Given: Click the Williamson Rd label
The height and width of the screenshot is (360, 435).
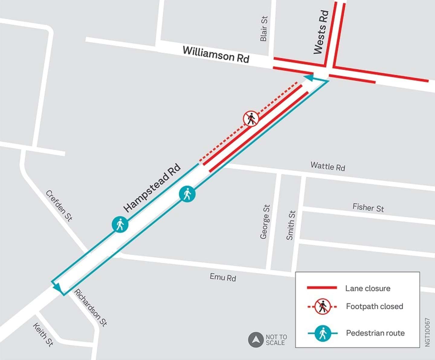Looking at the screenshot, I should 216,54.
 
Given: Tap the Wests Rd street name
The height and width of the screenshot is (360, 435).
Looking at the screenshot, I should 321,32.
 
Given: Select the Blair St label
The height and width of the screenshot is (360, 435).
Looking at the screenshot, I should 264,29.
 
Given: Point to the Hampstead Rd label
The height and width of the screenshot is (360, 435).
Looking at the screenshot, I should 152,188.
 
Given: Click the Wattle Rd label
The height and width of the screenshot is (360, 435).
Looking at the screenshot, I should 328,166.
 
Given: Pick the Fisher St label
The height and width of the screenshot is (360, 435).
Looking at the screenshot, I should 368,208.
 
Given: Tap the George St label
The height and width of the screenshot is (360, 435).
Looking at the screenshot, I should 265,222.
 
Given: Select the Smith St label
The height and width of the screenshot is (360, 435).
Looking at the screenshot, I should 291,225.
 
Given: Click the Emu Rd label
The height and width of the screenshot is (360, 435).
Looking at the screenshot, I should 223,277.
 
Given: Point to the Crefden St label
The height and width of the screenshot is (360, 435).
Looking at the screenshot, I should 59,206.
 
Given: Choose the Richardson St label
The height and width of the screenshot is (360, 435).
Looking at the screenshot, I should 91,308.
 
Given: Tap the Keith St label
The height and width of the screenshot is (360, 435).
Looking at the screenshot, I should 43,335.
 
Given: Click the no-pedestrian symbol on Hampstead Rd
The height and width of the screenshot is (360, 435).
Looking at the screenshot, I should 251,118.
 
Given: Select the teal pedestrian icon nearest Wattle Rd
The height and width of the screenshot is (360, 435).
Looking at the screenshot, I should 187,194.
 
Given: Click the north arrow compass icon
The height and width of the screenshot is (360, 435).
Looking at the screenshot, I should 256,340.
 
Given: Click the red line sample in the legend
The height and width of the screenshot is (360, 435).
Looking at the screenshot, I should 322,288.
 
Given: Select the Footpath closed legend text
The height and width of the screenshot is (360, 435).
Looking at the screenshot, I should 374,306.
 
